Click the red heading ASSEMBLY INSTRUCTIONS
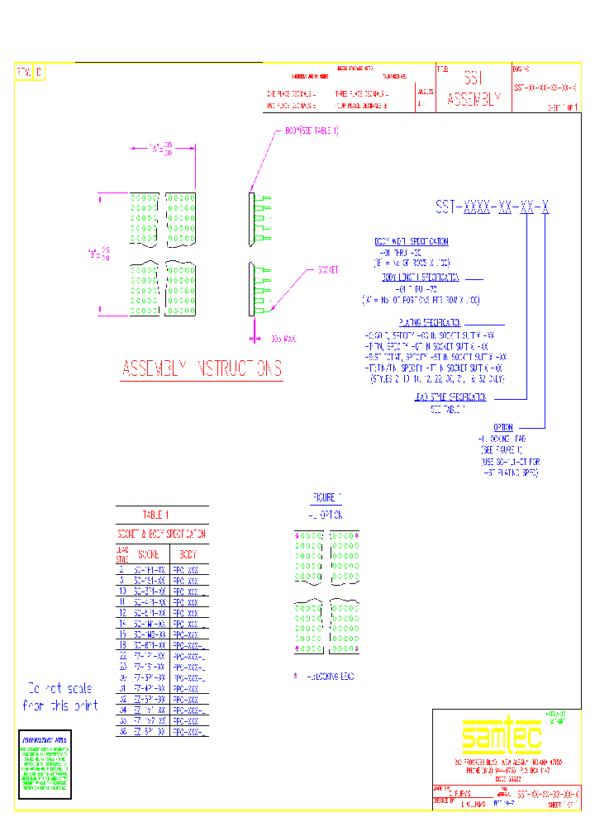[x=202, y=368]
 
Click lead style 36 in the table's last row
[x=122, y=732]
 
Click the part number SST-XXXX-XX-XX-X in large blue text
[x=492, y=208]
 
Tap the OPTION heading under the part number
[x=502, y=427]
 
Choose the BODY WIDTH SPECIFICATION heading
[x=412, y=241]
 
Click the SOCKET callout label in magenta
[x=328, y=270]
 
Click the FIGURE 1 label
[x=326, y=497]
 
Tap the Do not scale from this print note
[x=61, y=696]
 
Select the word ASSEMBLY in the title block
[x=474, y=99]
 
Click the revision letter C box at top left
[x=39, y=73]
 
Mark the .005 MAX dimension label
[x=283, y=339]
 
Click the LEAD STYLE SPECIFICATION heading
[x=451, y=397]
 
